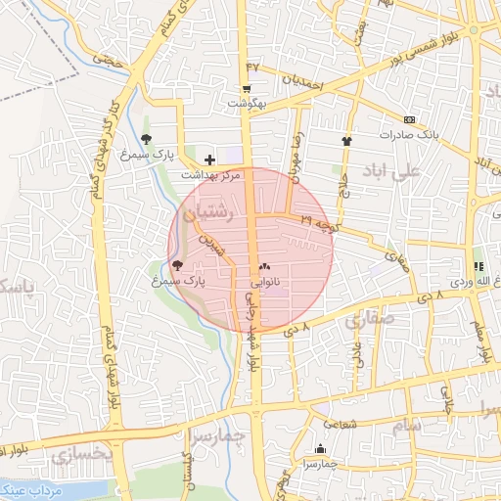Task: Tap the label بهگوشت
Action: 247,103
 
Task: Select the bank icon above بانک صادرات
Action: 408,120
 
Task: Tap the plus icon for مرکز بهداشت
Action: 209,159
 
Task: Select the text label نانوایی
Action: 265,282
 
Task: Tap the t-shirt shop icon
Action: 345,141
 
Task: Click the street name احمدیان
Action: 302,81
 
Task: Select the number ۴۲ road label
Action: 253,68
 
